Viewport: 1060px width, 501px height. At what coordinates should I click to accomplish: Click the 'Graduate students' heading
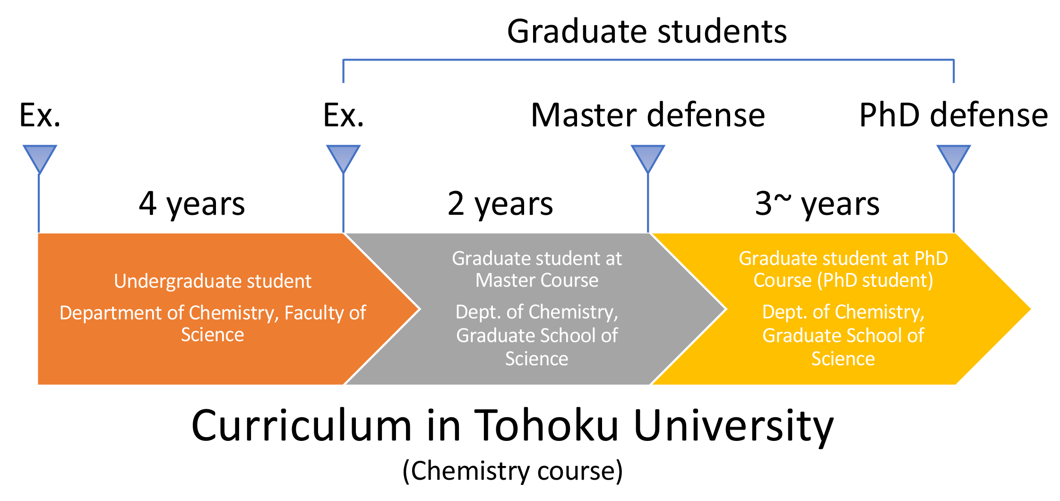647,32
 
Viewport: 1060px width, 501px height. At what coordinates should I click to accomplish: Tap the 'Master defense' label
648,115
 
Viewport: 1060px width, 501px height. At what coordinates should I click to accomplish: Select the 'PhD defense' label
954,115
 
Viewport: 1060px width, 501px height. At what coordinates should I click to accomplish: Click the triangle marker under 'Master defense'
648,158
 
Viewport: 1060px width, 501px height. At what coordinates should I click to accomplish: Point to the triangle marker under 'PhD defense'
954,158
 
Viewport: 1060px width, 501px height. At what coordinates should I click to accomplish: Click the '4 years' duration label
192,204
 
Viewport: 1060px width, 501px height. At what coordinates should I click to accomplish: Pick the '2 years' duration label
500,204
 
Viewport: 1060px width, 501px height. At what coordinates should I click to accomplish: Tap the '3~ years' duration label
817,204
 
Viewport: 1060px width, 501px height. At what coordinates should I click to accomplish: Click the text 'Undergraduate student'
213,281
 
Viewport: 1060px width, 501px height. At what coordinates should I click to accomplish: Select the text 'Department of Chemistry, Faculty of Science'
213,324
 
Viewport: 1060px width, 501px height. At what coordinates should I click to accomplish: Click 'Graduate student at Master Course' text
537,269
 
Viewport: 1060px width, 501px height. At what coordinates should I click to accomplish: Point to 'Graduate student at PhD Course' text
844,269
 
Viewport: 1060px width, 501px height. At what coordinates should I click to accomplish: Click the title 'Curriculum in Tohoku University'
513,426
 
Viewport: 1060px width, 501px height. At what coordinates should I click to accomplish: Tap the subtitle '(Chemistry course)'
513,471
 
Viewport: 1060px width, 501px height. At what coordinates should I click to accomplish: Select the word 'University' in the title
733,427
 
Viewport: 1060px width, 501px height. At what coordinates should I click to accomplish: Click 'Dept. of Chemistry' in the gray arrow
537,312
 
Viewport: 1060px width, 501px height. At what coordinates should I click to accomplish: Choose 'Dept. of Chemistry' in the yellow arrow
844,312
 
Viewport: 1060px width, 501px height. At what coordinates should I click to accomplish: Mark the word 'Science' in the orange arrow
213,335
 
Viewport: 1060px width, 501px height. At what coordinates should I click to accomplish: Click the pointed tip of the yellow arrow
1031,309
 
